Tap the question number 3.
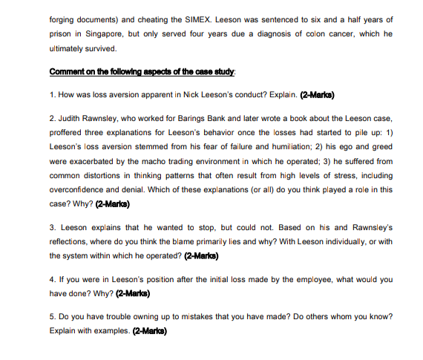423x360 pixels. [52, 226]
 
